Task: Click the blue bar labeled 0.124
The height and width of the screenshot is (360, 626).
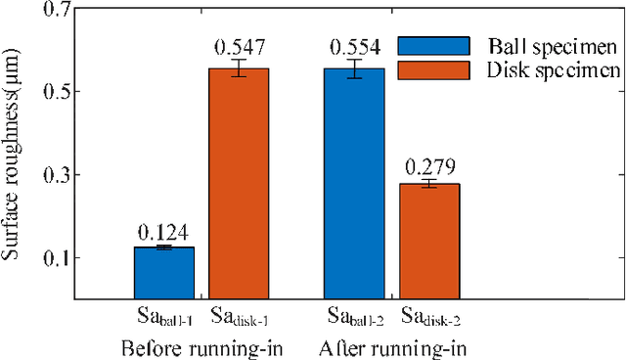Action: pos(163,273)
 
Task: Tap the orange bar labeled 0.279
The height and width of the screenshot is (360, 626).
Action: pos(429,241)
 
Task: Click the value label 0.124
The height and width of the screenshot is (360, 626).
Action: pos(163,233)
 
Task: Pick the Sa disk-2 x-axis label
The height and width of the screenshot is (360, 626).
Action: pos(431,318)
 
